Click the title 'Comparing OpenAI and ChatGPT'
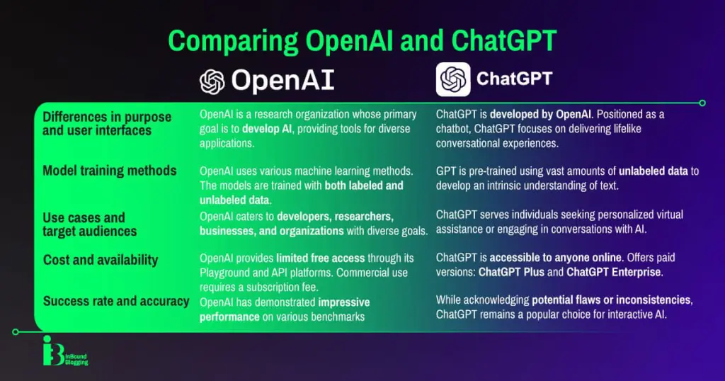pyautogui.click(x=362, y=40)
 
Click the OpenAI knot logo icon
pyautogui.click(x=212, y=82)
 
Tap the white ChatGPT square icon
pyautogui.click(x=453, y=79)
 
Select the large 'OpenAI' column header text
pyautogui.click(x=282, y=82)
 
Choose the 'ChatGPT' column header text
pyautogui.click(x=514, y=79)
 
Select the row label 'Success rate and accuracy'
pyautogui.click(x=116, y=302)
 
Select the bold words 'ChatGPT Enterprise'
pyautogui.click(x=620, y=271)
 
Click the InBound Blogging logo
pyautogui.click(x=65, y=351)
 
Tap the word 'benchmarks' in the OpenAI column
pyautogui.click(x=336, y=317)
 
